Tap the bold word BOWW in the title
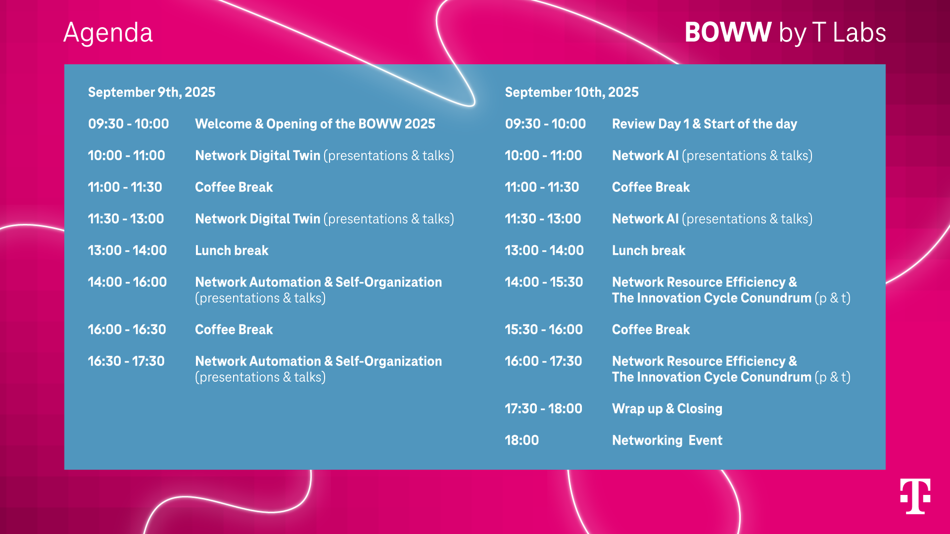(728, 32)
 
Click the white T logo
(915, 496)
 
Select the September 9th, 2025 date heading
(151, 92)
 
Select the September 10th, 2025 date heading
(571, 92)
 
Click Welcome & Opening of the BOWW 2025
(315, 124)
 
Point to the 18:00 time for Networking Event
(522, 440)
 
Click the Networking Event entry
(667, 440)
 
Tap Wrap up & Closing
(667, 408)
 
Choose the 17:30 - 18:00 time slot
(543, 408)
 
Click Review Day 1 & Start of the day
(705, 124)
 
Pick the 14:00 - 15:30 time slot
(544, 282)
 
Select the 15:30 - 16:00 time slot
(544, 329)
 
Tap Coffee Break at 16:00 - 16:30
(234, 329)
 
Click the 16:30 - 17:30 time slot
(126, 361)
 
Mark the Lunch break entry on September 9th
(232, 250)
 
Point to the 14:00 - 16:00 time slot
(127, 282)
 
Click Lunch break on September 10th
(649, 250)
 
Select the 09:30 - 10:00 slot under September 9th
(129, 124)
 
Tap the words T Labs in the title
(849, 33)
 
